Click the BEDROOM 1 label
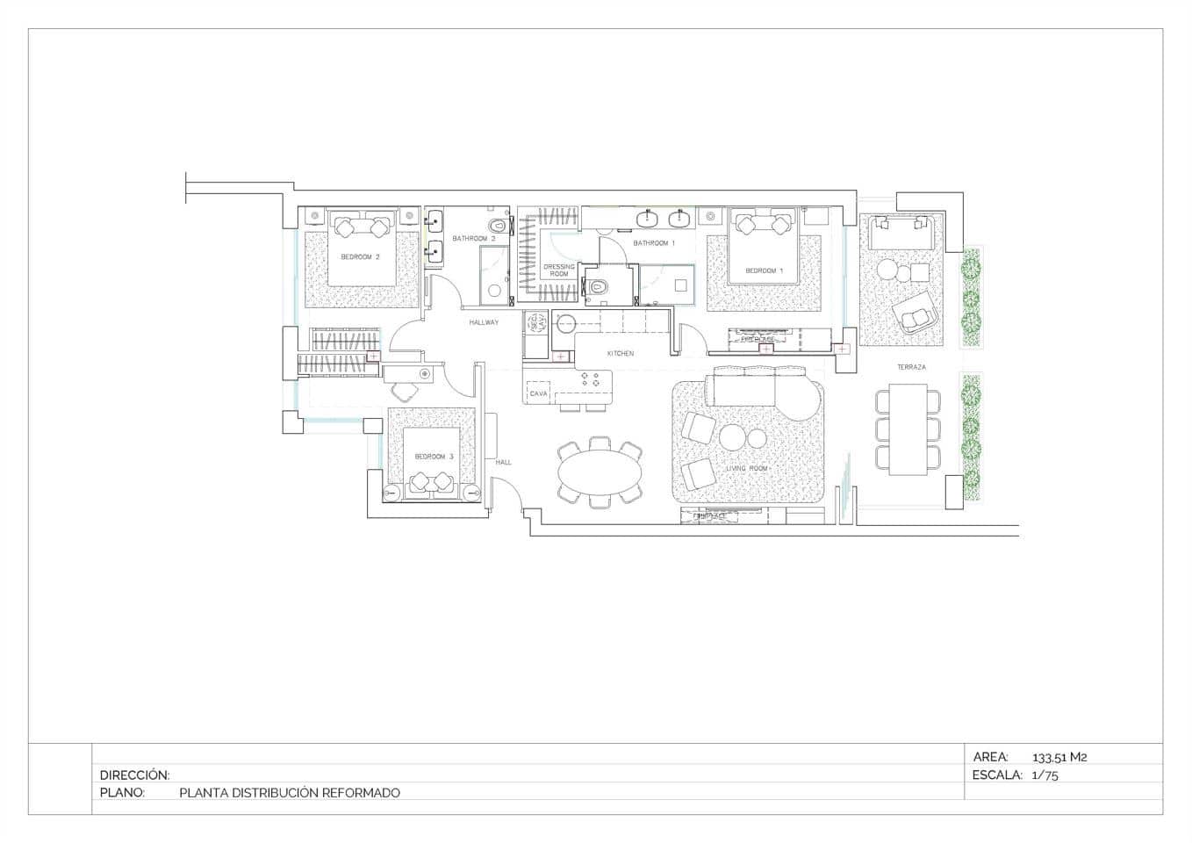click(764, 270)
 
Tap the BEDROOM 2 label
click(360, 257)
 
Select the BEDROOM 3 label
click(434, 457)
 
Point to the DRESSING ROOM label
click(559, 270)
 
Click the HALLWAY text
click(484, 322)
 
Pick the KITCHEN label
click(621, 353)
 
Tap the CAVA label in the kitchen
click(539, 394)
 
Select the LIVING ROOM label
click(747, 469)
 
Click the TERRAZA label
click(911, 367)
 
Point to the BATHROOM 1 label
click(654, 243)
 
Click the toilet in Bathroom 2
click(500, 224)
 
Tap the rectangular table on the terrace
click(908, 429)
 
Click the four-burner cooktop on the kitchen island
click(591, 379)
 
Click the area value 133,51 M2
click(1059, 757)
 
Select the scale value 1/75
click(1045, 775)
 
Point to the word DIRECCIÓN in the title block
click(134, 775)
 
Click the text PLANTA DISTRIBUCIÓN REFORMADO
click(289, 793)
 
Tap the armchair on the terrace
click(915, 313)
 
